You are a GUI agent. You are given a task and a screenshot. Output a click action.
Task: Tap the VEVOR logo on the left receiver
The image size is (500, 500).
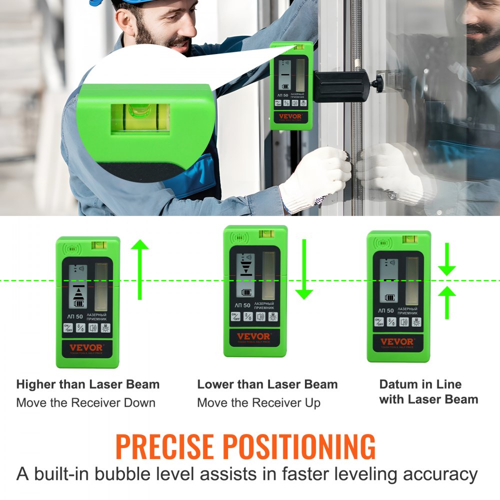click(86, 347)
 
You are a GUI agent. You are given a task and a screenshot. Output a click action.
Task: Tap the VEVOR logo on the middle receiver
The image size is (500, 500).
click(253, 336)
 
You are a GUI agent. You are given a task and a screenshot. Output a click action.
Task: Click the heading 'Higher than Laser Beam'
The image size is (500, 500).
click(88, 384)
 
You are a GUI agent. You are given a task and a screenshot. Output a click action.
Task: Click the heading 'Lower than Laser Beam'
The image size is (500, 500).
click(267, 384)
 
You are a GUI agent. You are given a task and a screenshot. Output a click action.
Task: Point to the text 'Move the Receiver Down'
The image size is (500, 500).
click(86, 402)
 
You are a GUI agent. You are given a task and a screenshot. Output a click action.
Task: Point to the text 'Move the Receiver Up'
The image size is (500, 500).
click(258, 402)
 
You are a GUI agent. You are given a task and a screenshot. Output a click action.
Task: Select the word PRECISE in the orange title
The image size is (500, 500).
click(164, 446)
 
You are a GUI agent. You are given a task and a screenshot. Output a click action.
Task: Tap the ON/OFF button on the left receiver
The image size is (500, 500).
click(68, 328)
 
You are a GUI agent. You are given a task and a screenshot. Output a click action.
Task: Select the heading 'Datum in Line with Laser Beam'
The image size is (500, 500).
click(428, 391)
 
